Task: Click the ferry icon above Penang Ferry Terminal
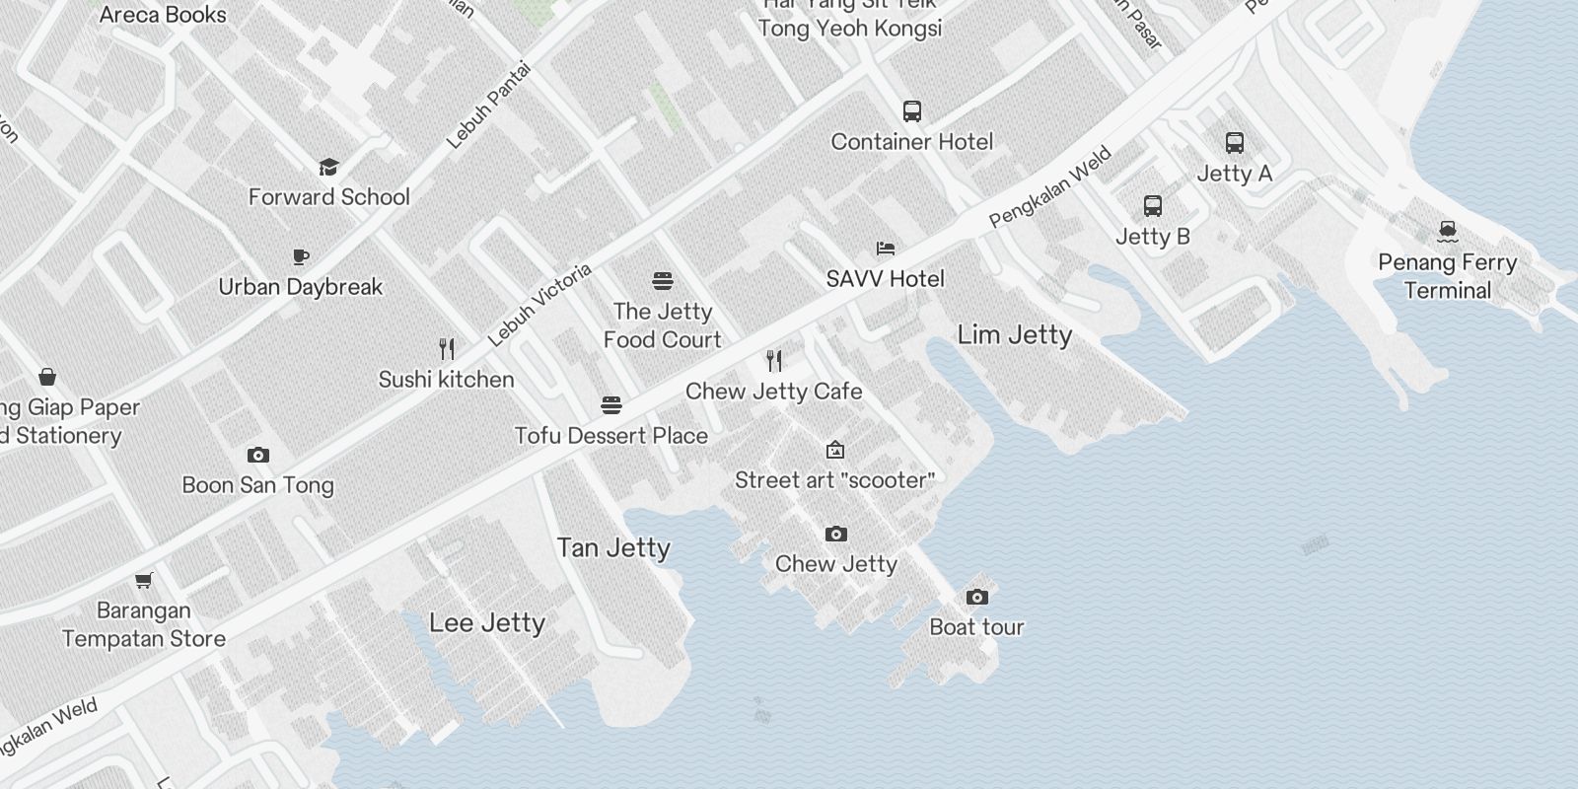click(1448, 232)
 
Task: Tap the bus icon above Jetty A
click(1235, 143)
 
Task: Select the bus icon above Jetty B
click(1153, 206)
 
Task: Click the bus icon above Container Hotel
click(912, 111)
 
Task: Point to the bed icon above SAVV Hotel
click(886, 249)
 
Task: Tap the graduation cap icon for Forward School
click(328, 167)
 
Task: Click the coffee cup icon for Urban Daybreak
click(301, 256)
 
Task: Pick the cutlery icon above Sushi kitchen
click(447, 349)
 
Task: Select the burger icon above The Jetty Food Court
click(663, 281)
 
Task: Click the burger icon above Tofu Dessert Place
click(611, 405)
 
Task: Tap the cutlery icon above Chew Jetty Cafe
click(774, 361)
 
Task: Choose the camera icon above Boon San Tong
click(258, 455)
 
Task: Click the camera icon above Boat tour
click(977, 597)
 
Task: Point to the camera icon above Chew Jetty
click(836, 534)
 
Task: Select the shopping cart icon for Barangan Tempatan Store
click(144, 580)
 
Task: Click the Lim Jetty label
click(1015, 335)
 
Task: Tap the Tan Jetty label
click(613, 547)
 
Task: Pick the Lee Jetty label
click(487, 622)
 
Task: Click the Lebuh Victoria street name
click(539, 305)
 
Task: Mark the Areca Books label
click(163, 15)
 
